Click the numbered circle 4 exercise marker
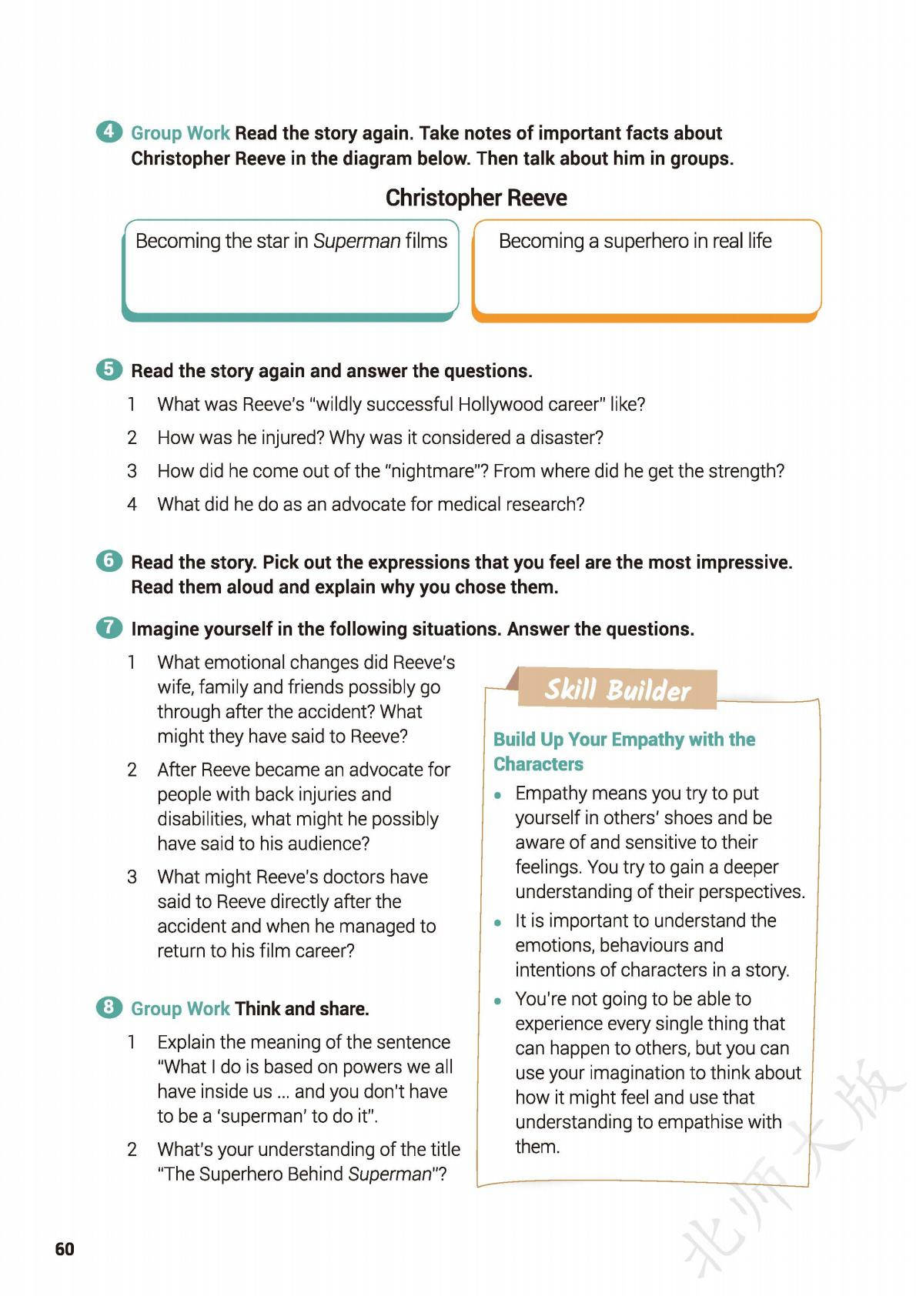(x=109, y=132)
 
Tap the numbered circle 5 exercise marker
(x=109, y=369)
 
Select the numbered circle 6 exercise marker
(x=109, y=561)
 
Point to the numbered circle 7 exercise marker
(x=109, y=628)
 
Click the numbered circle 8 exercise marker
(x=109, y=1007)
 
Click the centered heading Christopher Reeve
(x=476, y=198)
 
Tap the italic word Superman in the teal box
(x=356, y=241)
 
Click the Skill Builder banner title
(x=617, y=690)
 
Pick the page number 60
(x=65, y=1249)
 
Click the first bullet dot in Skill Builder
(x=500, y=794)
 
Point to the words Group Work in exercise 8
(x=180, y=1008)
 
